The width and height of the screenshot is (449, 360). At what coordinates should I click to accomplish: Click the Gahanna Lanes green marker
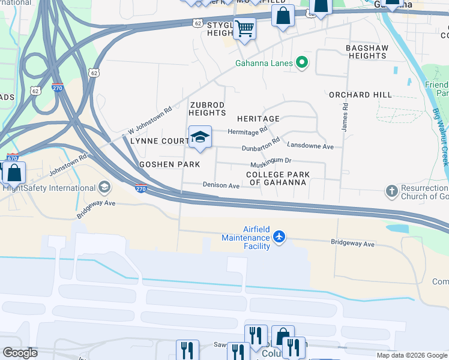303,63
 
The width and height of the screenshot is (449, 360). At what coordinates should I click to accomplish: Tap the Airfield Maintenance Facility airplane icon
279,237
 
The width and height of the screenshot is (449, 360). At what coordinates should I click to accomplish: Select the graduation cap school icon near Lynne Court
200,137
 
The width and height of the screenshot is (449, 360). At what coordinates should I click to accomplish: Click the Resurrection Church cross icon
391,191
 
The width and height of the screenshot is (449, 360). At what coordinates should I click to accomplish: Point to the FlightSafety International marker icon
105,188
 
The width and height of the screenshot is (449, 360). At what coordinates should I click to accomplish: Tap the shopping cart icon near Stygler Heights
244,28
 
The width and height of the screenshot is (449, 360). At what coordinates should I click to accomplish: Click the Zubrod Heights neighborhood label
208,109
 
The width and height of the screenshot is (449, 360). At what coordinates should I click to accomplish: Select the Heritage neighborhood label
258,119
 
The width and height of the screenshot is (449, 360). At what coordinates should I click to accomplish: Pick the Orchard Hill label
360,95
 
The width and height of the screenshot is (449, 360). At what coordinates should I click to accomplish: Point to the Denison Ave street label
221,186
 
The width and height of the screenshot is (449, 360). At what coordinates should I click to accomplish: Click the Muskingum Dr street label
270,161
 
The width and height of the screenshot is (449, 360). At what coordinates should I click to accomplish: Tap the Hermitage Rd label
247,131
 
